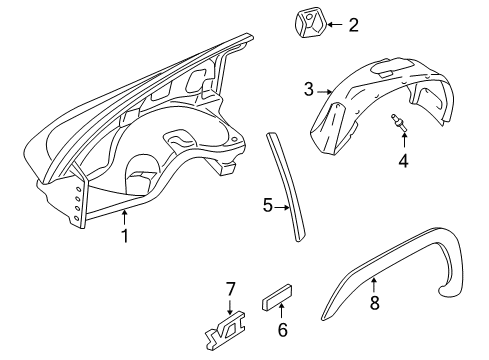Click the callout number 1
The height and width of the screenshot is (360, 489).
[x=125, y=236]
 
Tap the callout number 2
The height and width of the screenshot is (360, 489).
[x=352, y=24]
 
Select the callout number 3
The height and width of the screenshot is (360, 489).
[x=310, y=90]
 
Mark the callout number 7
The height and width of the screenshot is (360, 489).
[x=230, y=290]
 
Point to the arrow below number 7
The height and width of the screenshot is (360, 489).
[x=230, y=305]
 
